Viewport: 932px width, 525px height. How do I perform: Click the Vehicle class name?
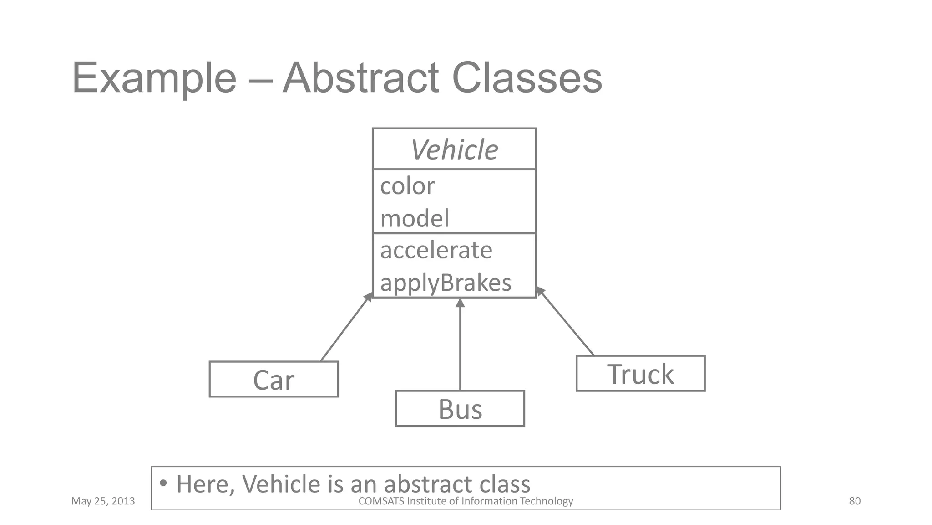point(454,149)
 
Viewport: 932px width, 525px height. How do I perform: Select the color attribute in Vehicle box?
point(407,186)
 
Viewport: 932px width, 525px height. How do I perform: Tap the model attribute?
point(414,218)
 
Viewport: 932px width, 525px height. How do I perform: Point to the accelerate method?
point(436,250)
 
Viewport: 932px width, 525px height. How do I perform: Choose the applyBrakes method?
point(446,283)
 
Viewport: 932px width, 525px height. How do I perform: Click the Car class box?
point(274,380)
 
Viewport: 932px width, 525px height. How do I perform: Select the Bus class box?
point(460,409)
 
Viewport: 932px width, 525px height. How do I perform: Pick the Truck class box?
point(640,374)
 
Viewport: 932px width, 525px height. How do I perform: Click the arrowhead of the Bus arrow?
point(460,303)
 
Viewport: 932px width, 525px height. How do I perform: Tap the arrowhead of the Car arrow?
point(369,297)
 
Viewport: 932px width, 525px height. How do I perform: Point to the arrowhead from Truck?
point(540,291)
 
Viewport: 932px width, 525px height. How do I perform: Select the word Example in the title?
point(154,78)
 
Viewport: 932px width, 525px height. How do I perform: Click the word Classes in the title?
point(527,78)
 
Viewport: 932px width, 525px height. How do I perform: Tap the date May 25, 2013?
point(103,501)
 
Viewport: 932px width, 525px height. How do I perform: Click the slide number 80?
point(855,501)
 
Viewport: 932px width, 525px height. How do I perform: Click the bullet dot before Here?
point(163,483)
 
